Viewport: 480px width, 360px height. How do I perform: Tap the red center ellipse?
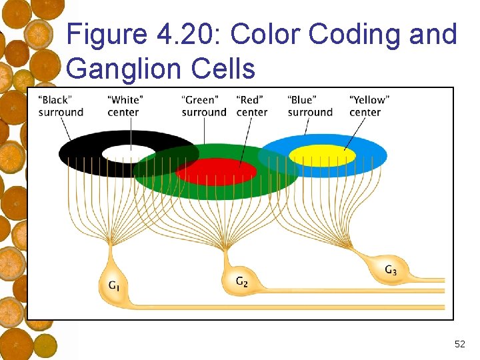pyautogui.click(x=216, y=171)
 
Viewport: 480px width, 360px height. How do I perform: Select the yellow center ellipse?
pyautogui.click(x=322, y=155)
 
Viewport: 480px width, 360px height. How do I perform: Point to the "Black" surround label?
pyautogui.click(x=61, y=106)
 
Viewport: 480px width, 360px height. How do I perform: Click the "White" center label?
pyautogui.click(x=125, y=106)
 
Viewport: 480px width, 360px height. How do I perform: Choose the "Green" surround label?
pyautogui.click(x=204, y=106)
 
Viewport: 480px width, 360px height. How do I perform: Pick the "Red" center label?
pyautogui.click(x=252, y=106)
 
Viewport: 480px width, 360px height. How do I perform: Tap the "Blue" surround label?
pyautogui.click(x=310, y=106)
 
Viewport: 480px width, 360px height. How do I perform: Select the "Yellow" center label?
pyautogui.click(x=369, y=106)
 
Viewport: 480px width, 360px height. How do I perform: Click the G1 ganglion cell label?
pyautogui.click(x=115, y=286)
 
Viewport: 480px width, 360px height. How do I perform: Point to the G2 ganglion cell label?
pyautogui.click(x=242, y=282)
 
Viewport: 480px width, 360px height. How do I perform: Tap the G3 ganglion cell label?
pyautogui.click(x=391, y=270)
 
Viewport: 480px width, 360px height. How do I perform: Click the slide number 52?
pyautogui.click(x=459, y=344)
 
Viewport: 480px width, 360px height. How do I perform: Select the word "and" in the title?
pyautogui.click(x=433, y=34)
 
